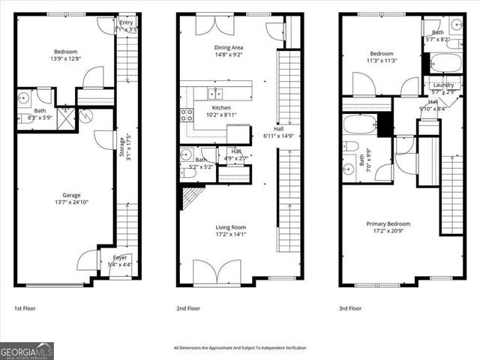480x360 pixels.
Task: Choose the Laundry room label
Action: (x=443, y=85)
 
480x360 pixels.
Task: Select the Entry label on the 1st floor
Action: (x=125, y=22)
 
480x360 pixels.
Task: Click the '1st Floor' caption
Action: (x=25, y=307)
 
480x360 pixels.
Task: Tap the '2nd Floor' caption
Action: (x=187, y=307)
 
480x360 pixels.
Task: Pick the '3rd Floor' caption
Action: (x=351, y=307)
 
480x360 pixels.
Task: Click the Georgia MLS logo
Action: (x=26, y=350)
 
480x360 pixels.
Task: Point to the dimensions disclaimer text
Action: (x=239, y=347)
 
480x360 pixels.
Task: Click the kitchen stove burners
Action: (x=186, y=115)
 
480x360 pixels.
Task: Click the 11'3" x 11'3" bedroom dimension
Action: (x=381, y=61)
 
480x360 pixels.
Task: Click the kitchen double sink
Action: (x=215, y=94)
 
